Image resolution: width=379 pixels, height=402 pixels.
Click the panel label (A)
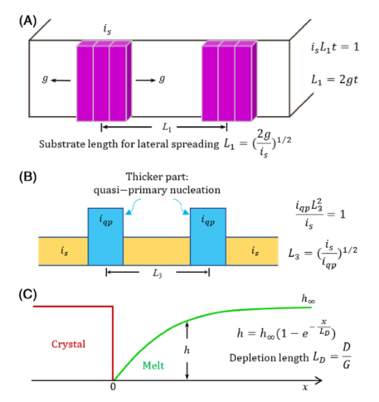coord(27,21)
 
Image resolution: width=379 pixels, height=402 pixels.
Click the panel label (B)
coord(27,177)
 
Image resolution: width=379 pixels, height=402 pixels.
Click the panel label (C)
coord(27,294)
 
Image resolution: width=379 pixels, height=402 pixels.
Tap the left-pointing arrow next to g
coord(61,80)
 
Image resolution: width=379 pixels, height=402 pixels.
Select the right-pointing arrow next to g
coord(146,80)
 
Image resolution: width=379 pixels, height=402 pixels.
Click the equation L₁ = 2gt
coord(334,80)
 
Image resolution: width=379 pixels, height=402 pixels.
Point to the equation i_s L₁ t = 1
coord(335,47)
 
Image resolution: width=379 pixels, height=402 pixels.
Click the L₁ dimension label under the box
coord(167,128)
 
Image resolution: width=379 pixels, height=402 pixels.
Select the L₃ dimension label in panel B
coord(158,274)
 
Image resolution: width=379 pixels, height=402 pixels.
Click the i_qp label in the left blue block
coord(105,220)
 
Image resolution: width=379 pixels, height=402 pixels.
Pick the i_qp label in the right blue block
coord(208,220)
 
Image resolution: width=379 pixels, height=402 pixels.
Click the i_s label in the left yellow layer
coord(64,251)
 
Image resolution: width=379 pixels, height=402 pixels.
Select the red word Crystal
coord(68,344)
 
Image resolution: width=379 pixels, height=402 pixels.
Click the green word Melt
coord(153,366)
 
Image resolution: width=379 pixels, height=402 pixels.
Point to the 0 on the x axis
coord(113,387)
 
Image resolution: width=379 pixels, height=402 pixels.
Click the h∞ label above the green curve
coord(309,298)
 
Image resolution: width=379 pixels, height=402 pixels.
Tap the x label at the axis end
coord(305,388)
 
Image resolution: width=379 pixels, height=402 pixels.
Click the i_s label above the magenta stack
coord(107,29)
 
